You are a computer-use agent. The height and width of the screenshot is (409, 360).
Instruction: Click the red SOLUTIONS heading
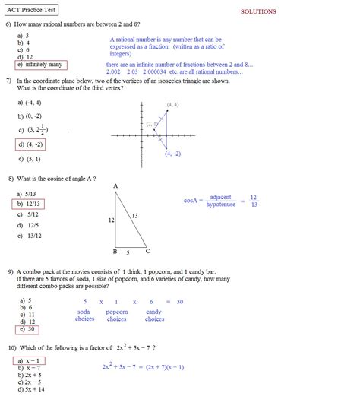[x=258, y=11]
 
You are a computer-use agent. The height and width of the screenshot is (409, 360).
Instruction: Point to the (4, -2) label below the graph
[x=172, y=154]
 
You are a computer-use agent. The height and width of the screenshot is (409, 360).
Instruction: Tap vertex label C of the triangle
[x=147, y=252]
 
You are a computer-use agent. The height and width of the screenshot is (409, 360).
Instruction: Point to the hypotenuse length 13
[x=134, y=216]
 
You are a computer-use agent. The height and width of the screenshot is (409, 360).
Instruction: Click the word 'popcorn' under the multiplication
[x=117, y=312]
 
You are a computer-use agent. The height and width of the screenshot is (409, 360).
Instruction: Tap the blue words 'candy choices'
[x=154, y=315]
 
